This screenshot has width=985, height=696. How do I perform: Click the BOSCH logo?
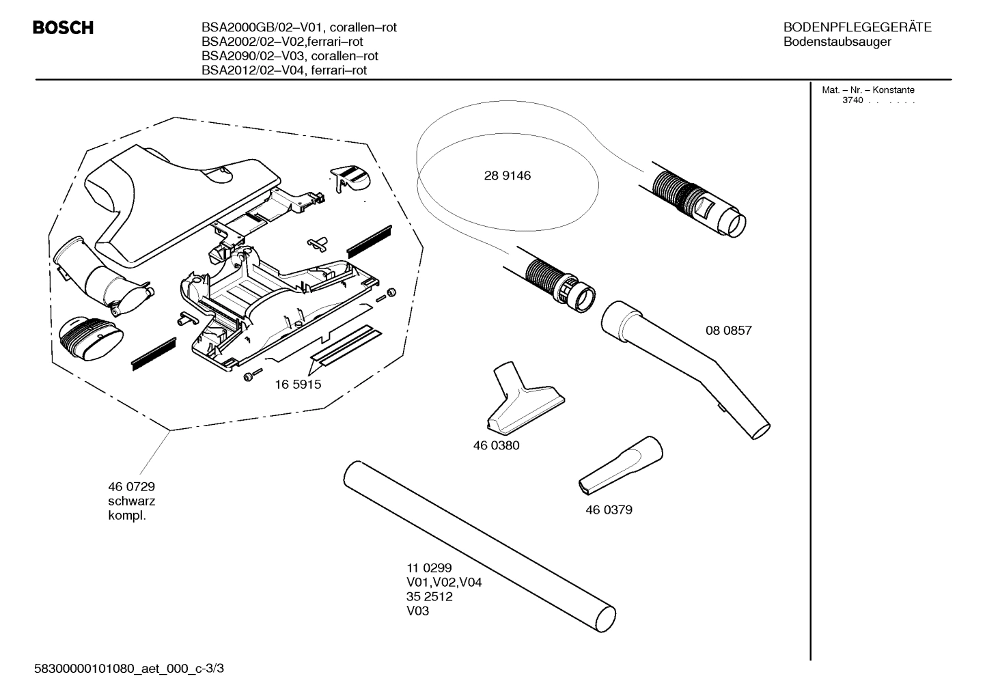(x=63, y=28)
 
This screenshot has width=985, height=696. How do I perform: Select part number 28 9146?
(x=507, y=176)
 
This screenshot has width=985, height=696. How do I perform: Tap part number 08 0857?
(x=728, y=330)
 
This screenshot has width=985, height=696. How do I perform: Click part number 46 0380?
(x=496, y=445)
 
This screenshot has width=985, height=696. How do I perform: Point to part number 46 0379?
(x=609, y=510)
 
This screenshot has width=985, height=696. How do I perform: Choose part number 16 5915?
(x=298, y=384)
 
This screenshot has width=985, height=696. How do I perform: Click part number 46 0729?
(x=131, y=486)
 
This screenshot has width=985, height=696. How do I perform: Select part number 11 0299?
(x=429, y=568)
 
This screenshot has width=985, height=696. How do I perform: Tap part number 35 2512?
(x=429, y=596)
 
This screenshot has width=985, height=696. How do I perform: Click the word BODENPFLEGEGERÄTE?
(x=857, y=27)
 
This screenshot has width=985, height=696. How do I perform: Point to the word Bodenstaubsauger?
(x=837, y=42)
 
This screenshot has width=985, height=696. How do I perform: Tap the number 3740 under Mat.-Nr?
(x=852, y=100)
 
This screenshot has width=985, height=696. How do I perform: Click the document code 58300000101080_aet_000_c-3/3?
(x=129, y=668)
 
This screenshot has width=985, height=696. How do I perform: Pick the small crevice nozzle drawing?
(x=621, y=464)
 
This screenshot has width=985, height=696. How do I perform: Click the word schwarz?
(x=131, y=501)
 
